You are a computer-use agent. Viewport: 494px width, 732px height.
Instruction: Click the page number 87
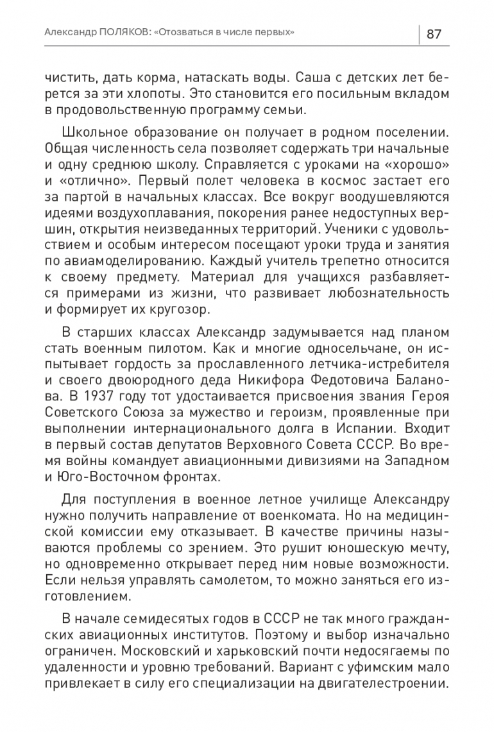[434, 33]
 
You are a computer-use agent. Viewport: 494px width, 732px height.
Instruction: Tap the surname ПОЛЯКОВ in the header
[118, 33]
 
